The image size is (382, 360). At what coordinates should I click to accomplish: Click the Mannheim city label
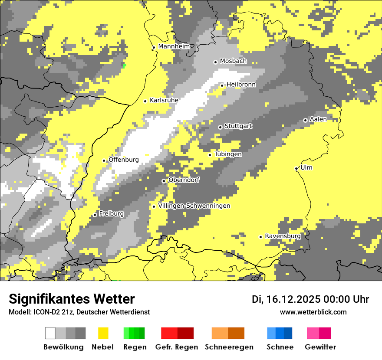click(174, 46)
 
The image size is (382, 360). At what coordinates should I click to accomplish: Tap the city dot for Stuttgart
click(220, 127)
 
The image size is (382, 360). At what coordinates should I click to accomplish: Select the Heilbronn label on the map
click(241, 85)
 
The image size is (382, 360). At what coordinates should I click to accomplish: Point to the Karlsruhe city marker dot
click(145, 101)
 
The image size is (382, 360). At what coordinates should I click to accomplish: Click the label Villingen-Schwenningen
click(194, 206)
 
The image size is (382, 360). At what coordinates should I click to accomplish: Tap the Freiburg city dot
click(95, 215)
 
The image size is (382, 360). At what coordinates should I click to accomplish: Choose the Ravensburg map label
click(283, 236)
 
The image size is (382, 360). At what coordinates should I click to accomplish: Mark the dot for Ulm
click(296, 168)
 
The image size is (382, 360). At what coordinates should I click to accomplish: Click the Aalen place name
click(318, 119)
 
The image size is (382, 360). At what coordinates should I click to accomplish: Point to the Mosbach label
click(233, 61)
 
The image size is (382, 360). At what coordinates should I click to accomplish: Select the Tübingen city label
click(228, 154)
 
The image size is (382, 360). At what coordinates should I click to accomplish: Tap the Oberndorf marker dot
click(164, 181)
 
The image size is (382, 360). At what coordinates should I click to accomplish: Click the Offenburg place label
click(123, 160)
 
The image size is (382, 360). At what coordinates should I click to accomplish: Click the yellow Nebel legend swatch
click(103, 333)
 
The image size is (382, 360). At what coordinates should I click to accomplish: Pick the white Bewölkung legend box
click(50, 333)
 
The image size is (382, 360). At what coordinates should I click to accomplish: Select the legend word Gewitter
click(320, 347)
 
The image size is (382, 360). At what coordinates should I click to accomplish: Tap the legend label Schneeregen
click(229, 347)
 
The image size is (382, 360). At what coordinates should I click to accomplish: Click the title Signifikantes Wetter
click(72, 299)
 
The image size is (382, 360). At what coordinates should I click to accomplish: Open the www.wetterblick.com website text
click(313, 312)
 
